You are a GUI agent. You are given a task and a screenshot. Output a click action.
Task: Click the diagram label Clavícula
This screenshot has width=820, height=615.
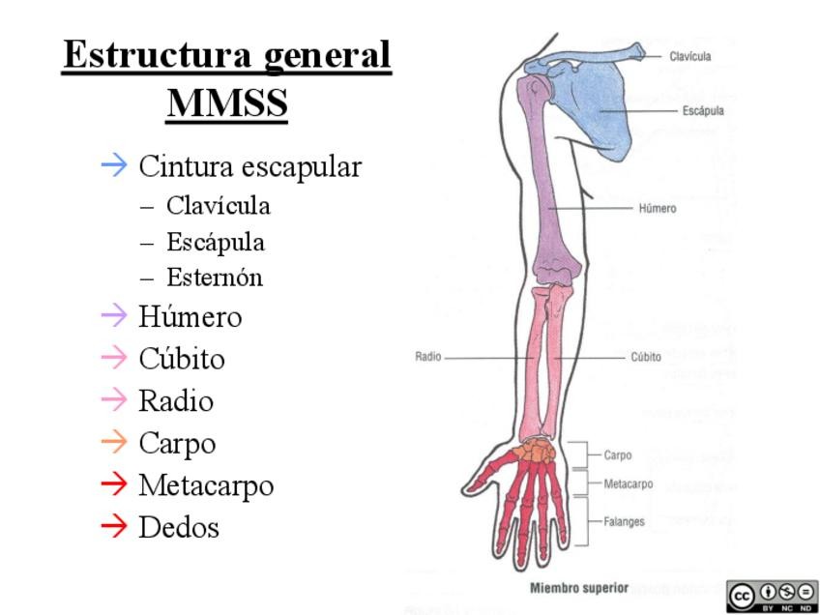[689, 56]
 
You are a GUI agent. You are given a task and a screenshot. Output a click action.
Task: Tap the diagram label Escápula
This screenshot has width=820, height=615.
[702, 111]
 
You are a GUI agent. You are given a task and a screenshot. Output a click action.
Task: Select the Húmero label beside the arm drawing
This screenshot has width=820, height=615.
[658, 208]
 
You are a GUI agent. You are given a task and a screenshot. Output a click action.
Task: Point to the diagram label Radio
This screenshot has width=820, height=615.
[428, 357]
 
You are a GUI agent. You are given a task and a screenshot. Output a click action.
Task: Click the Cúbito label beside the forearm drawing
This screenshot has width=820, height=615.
[646, 357]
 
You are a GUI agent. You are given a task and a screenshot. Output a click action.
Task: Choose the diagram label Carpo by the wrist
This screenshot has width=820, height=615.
[618, 454]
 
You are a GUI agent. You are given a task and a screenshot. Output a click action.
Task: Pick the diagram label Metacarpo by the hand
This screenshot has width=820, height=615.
[628, 483]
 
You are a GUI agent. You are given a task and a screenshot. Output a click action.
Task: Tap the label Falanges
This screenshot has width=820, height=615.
[624, 520]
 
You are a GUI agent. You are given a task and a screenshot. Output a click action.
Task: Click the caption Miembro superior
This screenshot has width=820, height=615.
[579, 587]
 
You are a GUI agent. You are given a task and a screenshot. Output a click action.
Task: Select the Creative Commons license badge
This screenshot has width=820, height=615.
[774, 596]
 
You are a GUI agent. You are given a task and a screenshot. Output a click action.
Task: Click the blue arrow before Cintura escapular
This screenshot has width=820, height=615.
[114, 165]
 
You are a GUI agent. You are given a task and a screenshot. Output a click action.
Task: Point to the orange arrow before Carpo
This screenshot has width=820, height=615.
[114, 443]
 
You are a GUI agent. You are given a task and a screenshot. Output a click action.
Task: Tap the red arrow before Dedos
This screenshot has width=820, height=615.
[114, 526]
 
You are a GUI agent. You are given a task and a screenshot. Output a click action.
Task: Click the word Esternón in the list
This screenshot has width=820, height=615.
[215, 278]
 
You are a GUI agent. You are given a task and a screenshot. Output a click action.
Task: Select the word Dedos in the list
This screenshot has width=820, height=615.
[179, 527]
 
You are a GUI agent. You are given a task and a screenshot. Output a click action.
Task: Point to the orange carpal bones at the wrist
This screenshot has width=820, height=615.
[532, 450]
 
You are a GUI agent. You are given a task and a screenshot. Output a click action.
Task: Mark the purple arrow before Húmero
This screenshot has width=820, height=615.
[114, 315]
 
